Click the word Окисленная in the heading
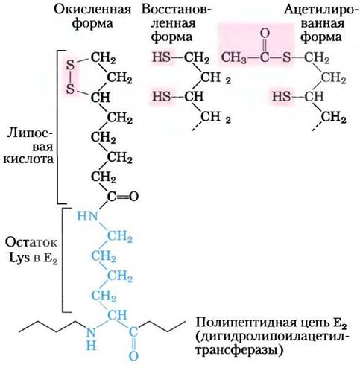point(92,10)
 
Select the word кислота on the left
point(28,159)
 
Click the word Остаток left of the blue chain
point(31,243)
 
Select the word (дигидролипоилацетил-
point(272,337)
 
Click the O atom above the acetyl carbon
point(265,34)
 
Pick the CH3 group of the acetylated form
point(234,58)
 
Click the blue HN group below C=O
point(87,216)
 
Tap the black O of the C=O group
point(133,197)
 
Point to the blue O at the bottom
point(133,355)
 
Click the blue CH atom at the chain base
point(117,315)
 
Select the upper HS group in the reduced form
point(161,57)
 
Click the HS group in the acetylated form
point(281,96)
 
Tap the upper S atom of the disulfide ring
point(70,66)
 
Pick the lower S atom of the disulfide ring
point(70,89)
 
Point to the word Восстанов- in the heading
point(177,10)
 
